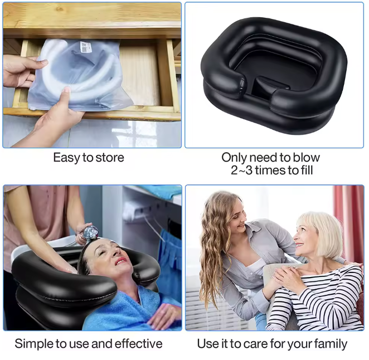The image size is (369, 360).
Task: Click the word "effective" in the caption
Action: (136, 344)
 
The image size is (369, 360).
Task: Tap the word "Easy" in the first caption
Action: (65, 158)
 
